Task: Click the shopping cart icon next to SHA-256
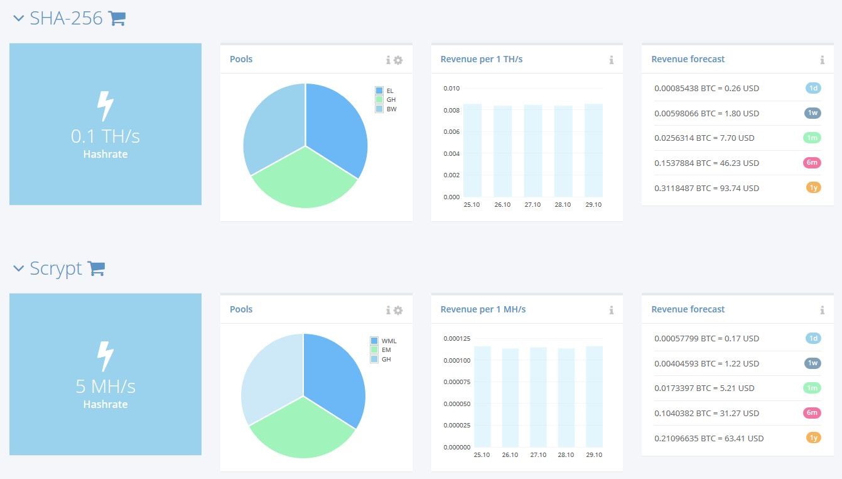click(x=117, y=18)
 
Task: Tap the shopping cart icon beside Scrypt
click(x=96, y=268)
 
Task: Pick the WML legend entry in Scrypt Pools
click(x=384, y=341)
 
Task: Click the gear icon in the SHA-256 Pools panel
click(x=398, y=60)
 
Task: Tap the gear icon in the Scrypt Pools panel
click(x=398, y=310)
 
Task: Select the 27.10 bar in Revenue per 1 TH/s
click(x=533, y=151)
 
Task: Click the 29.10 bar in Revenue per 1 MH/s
click(x=594, y=397)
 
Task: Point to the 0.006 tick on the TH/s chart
click(x=451, y=132)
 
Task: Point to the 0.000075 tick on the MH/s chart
click(x=456, y=382)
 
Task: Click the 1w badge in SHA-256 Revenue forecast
click(x=812, y=113)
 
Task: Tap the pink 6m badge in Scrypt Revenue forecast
click(x=812, y=413)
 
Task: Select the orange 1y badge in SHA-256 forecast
click(x=814, y=187)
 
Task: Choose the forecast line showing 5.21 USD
click(x=704, y=388)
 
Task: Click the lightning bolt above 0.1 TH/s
click(x=105, y=106)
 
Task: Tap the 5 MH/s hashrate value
click(x=105, y=387)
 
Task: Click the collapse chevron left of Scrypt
click(x=18, y=268)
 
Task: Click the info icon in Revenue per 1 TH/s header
click(x=612, y=60)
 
